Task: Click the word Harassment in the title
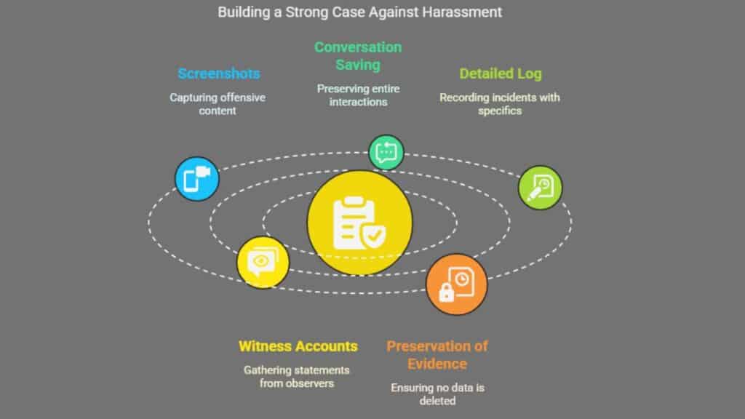pos(466,12)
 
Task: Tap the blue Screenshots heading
pos(219,73)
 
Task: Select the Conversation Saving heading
pos(358,56)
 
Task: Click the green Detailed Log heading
pos(500,73)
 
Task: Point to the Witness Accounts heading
pos(298,346)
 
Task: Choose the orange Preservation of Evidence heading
pos(437,354)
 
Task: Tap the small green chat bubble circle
pos(386,152)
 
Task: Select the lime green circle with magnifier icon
pos(540,188)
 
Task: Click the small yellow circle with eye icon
pos(263,262)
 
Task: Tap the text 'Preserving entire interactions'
pos(358,95)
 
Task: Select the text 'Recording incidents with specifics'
pos(500,104)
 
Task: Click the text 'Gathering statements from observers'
pos(297,377)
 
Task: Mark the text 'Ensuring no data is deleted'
pos(437,394)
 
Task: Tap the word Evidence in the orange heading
pos(437,363)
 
